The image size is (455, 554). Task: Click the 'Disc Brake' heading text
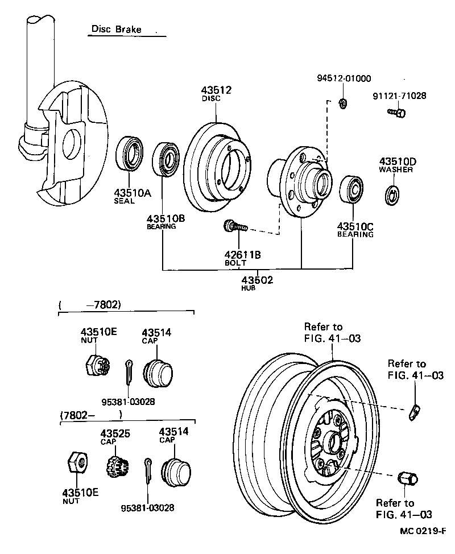[116, 29]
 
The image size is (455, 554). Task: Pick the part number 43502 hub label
[257, 280]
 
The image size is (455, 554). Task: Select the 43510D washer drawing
[392, 194]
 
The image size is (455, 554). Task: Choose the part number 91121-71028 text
[399, 96]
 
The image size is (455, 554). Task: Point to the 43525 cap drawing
[116, 466]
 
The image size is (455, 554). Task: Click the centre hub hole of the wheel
[332, 441]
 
